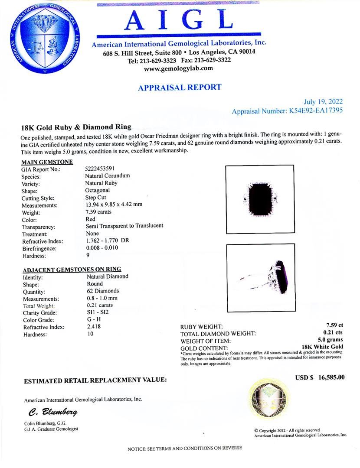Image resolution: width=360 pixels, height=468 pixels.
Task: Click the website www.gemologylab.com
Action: (x=178, y=68)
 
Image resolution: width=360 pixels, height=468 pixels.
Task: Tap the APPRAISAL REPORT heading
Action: (x=180, y=87)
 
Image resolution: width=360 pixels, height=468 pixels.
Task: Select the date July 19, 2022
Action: (x=323, y=102)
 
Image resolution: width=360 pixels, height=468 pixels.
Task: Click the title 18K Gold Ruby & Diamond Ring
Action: (x=76, y=127)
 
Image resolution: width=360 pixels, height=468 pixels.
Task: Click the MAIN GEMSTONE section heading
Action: (x=47, y=162)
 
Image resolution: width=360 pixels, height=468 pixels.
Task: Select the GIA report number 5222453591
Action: (x=100, y=169)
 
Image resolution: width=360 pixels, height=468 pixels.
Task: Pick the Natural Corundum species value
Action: (x=108, y=176)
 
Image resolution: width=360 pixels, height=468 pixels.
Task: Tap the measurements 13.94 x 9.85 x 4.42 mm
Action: (x=114, y=205)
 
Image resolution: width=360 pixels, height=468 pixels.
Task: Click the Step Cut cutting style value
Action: (x=96, y=198)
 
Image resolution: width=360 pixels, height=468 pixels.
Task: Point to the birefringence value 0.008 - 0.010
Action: (x=102, y=248)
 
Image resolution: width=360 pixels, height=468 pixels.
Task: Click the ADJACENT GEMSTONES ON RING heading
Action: (x=72, y=269)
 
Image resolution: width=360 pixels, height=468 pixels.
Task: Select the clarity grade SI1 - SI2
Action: (x=98, y=312)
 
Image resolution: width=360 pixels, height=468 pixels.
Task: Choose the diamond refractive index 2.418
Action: (x=94, y=327)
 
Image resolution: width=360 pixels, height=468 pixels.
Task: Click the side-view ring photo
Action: (x=260, y=277)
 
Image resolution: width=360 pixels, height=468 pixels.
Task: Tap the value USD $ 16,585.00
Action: (x=320, y=377)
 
